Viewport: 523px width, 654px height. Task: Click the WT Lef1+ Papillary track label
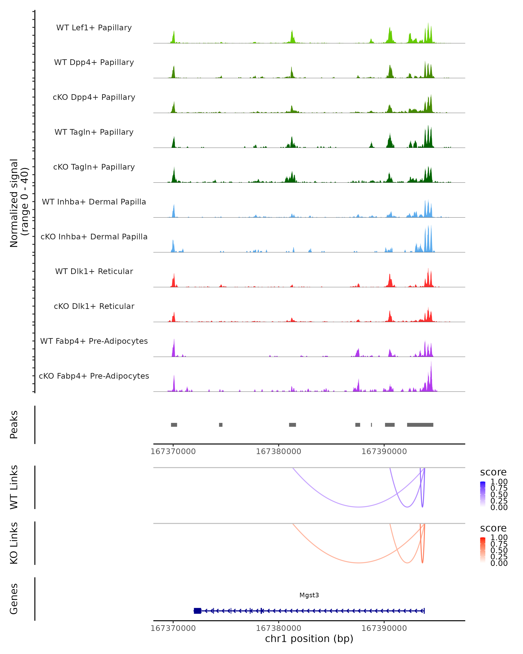click(94, 28)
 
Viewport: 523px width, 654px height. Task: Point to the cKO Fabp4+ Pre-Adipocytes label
click(94, 376)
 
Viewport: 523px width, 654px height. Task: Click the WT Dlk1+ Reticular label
click(94, 271)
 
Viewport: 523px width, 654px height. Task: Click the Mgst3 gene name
click(309, 595)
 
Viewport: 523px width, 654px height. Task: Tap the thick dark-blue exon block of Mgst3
click(197, 611)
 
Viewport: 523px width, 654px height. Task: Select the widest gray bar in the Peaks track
click(420, 425)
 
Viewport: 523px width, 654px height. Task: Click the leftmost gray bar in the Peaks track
click(174, 425)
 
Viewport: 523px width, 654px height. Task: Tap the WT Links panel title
click(14, 487)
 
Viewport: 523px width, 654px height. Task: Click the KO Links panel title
click(14, 543)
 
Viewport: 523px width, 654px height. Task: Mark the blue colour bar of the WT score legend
click(483, 494)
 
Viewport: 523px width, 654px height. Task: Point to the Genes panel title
click(14, 599)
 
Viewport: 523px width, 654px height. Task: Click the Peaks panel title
click(14, 425)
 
